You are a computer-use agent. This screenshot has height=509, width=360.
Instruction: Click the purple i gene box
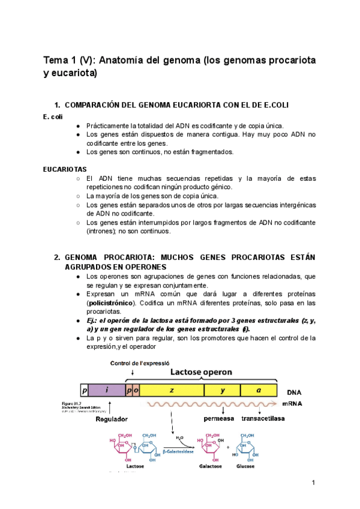click(107, 390)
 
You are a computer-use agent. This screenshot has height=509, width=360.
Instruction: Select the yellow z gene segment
click(172, 390)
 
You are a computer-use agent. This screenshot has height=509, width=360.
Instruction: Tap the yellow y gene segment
click(222, 390)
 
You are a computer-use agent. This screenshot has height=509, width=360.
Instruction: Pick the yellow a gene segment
click(259, 390)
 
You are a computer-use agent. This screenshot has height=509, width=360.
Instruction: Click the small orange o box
click(136, 390)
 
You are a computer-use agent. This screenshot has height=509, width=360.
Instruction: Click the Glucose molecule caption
click(245, 467)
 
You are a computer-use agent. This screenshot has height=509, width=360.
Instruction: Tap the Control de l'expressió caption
click(140, 363)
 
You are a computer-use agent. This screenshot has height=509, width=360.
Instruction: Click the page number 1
click(313, 483)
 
